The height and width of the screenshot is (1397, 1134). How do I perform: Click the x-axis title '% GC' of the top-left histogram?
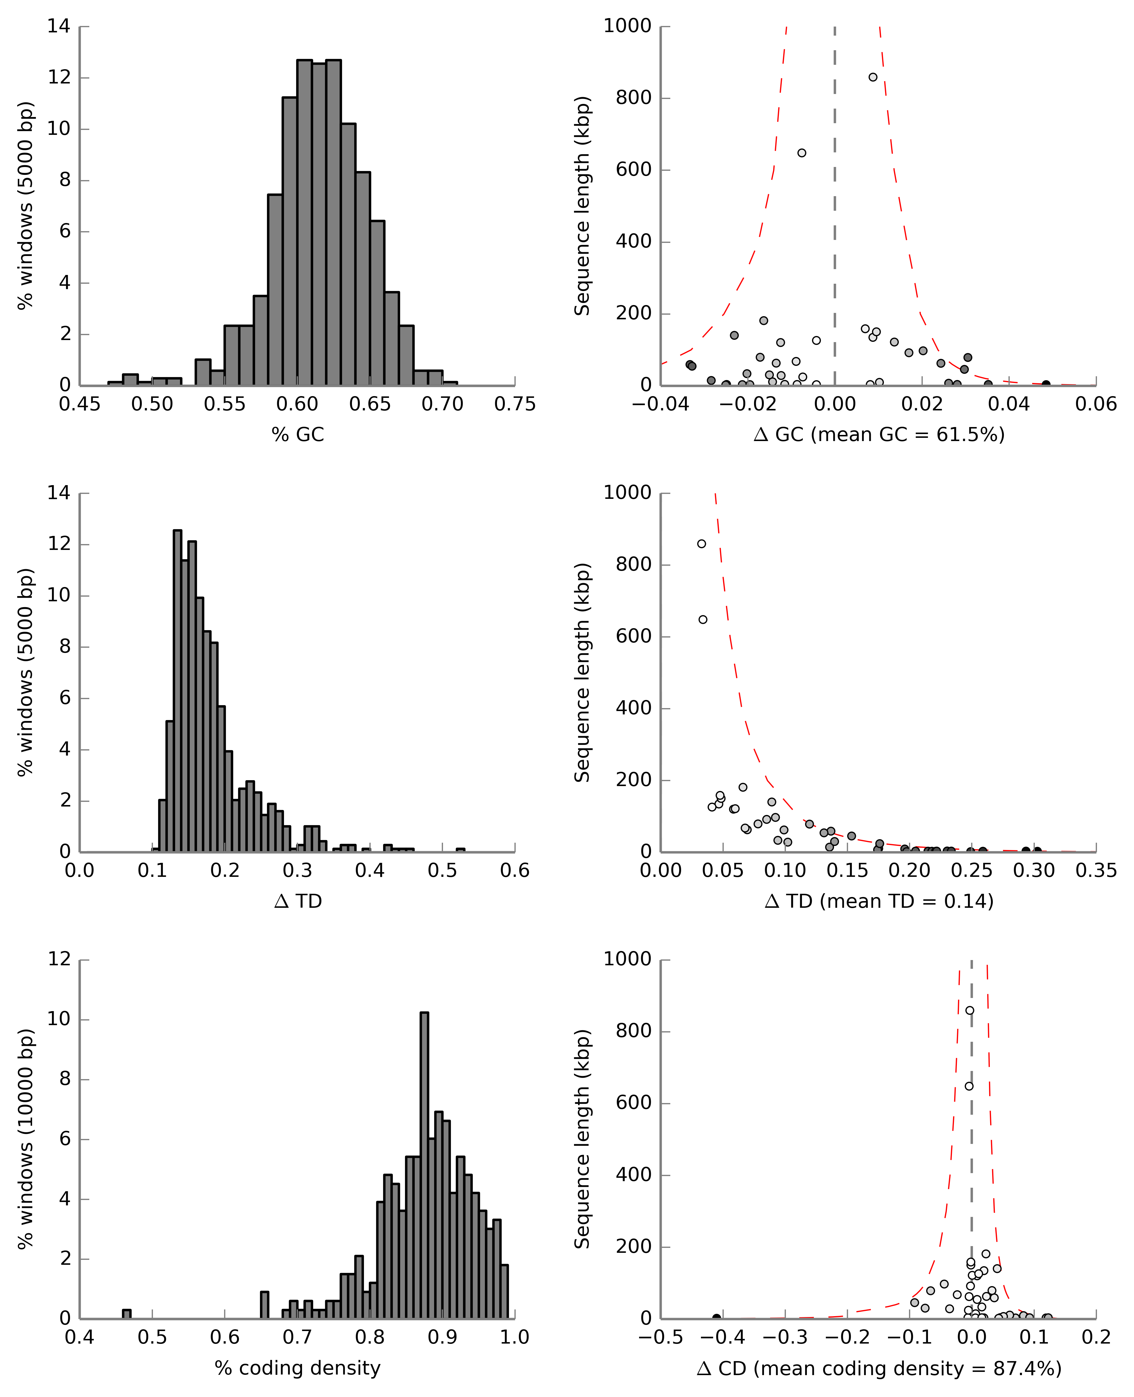click(x=298, y=435)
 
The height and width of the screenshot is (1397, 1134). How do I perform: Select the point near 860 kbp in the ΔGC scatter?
click(x=873, y=77)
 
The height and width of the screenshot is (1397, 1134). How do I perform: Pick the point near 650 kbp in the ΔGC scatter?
click(x=802, y=153)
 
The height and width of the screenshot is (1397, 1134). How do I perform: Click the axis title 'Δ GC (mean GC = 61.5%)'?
click(x=879, y=435)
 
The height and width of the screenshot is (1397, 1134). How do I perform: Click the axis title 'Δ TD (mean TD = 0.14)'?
click(x=879, y=902)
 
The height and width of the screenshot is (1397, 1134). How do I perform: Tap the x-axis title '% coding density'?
click(x=298, y=1368)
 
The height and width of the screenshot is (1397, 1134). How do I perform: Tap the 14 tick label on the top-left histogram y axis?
click(x=59, y=26)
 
